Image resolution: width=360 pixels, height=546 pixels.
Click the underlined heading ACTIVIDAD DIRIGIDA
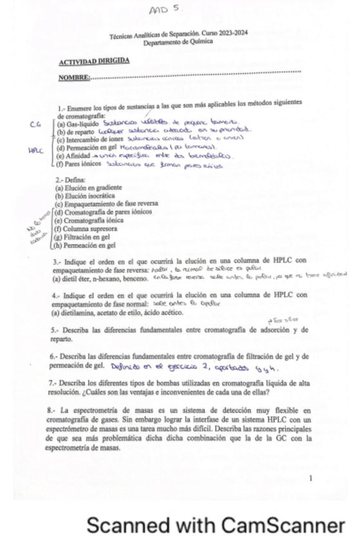pos(94,61)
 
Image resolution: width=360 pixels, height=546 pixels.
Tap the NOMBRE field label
pos(73,77)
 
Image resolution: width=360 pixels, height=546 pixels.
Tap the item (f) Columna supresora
pos(86,228)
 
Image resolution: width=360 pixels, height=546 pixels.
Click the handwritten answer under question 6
pos(194,368)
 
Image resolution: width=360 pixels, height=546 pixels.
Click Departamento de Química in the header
pos(180,41)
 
